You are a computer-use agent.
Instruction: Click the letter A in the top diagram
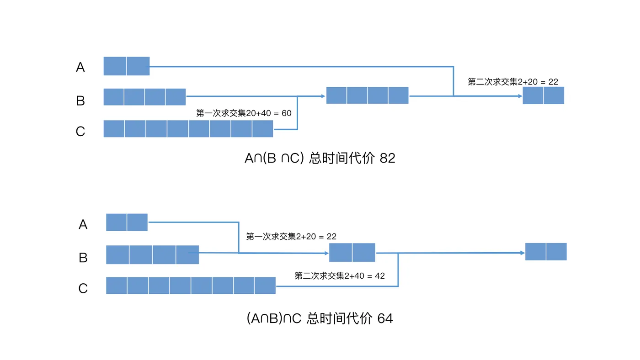pyautogui.click(x=80, y=68)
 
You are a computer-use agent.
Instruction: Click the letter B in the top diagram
pyautogui.click(x=80, y=100)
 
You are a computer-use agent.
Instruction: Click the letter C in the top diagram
pyautogui.click(x=80, y=132)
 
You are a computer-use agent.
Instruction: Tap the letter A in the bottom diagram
pyautogui.click(x=83, y=225)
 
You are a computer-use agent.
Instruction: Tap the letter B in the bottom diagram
pyautogui.click(x=83, y=258)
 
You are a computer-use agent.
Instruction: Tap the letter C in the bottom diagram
pyautogui.click(x=83, y=289)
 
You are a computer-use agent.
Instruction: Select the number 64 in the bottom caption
pyautogui.click(x=385, y=318)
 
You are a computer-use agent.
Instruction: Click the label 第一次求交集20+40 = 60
pyautogui.click(x=244, y=113)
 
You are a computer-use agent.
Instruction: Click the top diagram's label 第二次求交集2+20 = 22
pyautogui.click(x=513, y=82)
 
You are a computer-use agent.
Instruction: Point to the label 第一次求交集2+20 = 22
pyautogui.click(x=291, y=236)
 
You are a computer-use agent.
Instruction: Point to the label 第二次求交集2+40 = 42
pyautogui.click(x=340, y=276)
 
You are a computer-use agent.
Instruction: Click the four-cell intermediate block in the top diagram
pyautogui.click(x=367, y=95)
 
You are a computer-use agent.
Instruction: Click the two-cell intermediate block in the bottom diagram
pyautogui.click(x=352, y=252)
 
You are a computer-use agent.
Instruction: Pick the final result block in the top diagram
pyautogui.click(x=544, y=95)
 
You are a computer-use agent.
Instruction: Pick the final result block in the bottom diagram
pyautogui.click(x=546, y=252)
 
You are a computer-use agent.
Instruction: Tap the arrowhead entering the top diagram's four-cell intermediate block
pyautogui.click(x=323, y=96)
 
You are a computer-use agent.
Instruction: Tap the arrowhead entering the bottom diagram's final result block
pyautogui.click(x=522, y=253)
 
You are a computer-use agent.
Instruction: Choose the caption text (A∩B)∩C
pyautogui.click(x=274, y=318)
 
